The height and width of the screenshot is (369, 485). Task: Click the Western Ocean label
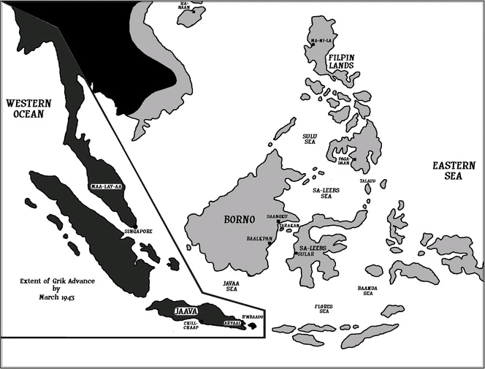click(24, 107)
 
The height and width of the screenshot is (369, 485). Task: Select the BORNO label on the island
click(240, 219)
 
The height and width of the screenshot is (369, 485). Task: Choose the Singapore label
click(138, 231)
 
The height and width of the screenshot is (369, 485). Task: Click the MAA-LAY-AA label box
click(105, 187)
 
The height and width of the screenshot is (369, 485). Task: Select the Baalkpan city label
click(259, 238)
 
